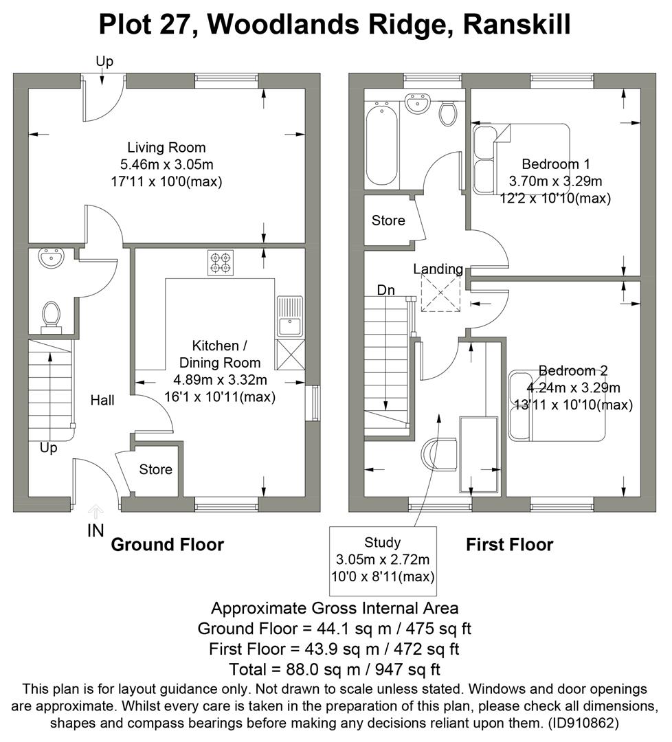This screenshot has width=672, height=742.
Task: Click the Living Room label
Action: tap(166, 148)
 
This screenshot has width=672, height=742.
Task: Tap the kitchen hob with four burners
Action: tap(221, 263)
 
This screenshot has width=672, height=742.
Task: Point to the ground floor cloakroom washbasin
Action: tap(50, 259)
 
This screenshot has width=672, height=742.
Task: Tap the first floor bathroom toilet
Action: tap(447, 113)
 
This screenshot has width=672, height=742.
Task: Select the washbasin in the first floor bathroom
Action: tap(416, 105)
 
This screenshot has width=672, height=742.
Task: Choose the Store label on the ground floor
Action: tap(155, 470)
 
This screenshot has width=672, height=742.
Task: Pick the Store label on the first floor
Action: tap(388, 221)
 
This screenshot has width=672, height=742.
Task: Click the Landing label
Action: tap(438, 269)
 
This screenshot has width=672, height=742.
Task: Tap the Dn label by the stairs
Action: tap(386, 290)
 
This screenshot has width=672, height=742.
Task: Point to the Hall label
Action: tap(102, 400)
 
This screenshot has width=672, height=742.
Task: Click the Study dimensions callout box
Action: tap(383, 559)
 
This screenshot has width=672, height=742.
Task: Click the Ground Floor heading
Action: tap(167, 545)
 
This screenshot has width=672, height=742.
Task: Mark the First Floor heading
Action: tap(509, 545)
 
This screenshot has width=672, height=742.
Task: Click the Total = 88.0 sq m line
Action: tap(335, 668)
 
